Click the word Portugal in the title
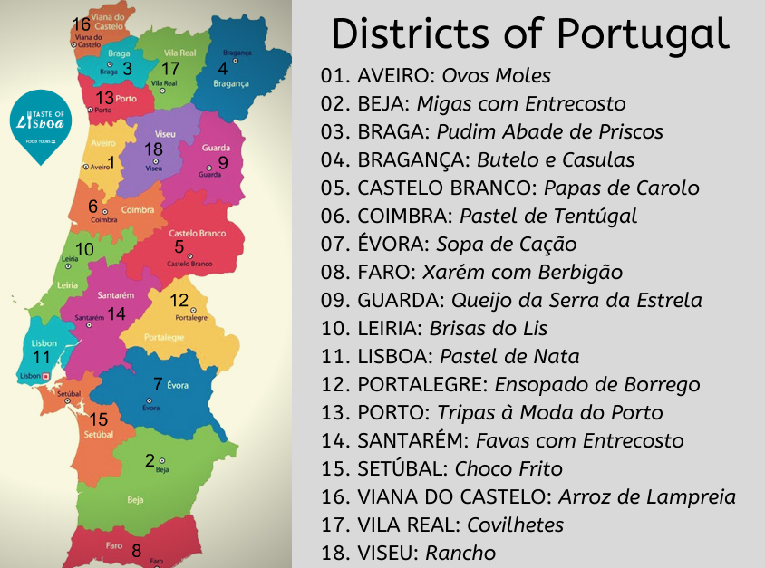point(643,34)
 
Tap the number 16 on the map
point(81,24)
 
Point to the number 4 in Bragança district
point(223,68)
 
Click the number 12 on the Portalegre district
point(179,301)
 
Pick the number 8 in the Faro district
point(136,550)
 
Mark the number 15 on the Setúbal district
point(99,419)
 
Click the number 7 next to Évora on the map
point(158,383)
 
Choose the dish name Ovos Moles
point(496,75)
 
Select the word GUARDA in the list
point(390,300)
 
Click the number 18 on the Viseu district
point(153,149)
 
